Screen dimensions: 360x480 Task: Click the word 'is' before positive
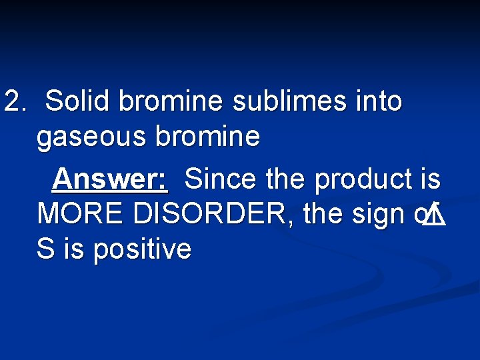[74, 250]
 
